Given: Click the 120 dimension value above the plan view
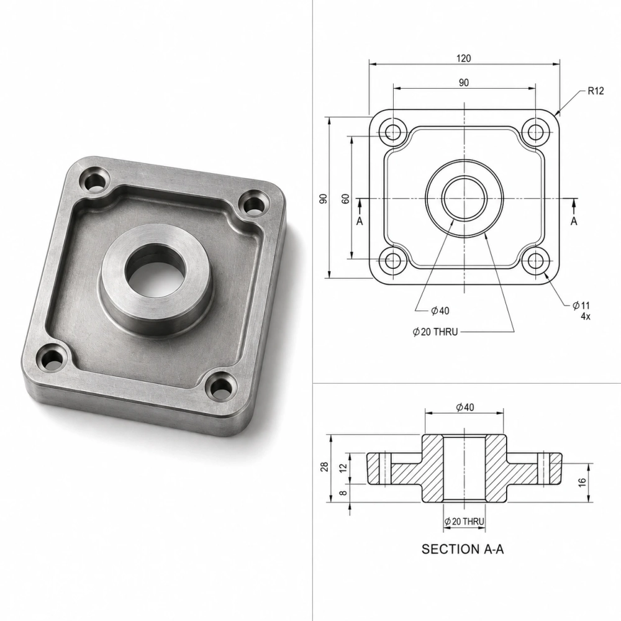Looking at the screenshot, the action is pos(463,58).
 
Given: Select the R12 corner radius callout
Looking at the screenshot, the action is pos(596,91).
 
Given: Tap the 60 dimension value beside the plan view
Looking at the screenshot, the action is pos(346,199).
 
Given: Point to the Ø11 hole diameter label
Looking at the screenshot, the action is pos(581,306).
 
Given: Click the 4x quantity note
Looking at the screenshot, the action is pos(586,316).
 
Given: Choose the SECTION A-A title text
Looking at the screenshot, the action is pos(463,549).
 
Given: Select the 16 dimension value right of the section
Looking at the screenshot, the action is pos(582,482).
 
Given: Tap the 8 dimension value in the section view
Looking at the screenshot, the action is pos(343,492).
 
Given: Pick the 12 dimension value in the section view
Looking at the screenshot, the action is pos(343,467).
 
